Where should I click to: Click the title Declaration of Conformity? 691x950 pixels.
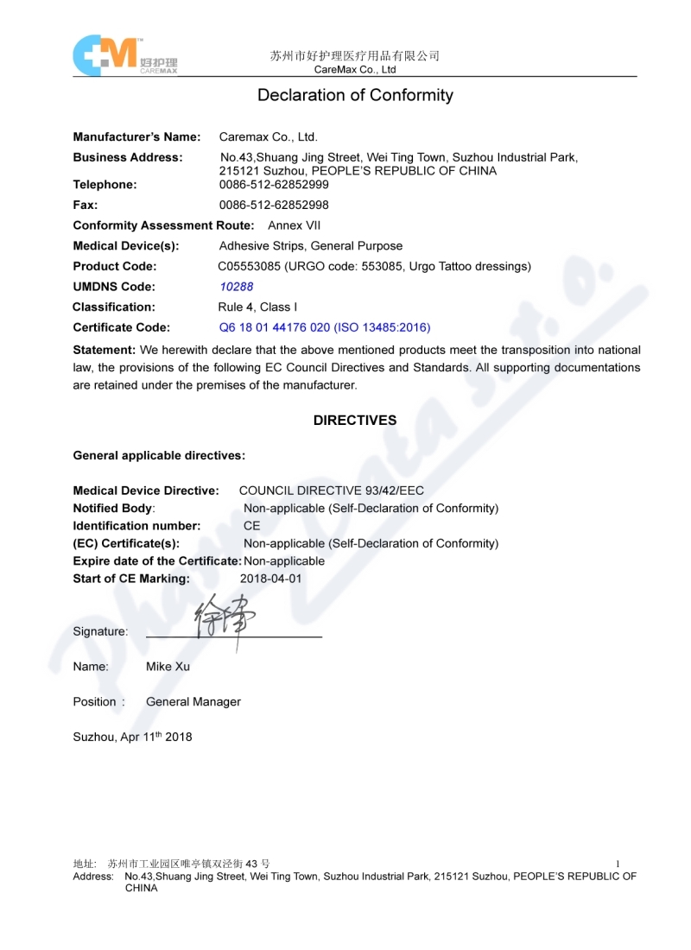(355, 96)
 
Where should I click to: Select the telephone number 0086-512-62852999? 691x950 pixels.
(274, 185)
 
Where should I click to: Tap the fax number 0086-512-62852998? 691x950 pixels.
(274, 206)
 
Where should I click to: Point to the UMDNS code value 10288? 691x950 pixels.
(237, 287)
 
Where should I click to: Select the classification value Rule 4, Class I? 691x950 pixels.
(257, 307)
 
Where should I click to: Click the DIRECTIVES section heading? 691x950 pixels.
(355, 421)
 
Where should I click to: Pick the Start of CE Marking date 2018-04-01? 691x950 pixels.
(270, 579)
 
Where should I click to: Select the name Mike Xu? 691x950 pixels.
(168, 667)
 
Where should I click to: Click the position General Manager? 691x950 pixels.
(193, 702)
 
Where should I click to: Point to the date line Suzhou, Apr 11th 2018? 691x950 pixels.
(132, 737)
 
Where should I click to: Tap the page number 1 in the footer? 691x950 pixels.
(618, 864)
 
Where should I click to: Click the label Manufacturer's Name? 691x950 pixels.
(136, 136)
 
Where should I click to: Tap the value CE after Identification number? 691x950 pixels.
(251, 525)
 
